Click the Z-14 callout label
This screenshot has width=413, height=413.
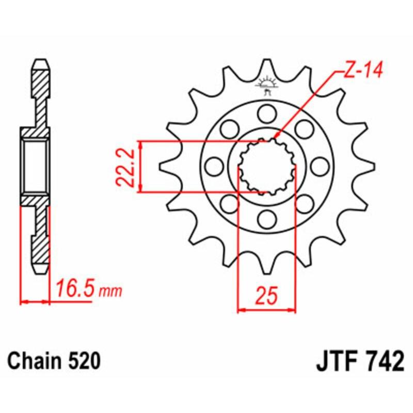coord(362,71)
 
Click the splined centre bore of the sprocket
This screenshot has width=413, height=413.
coord(267,166)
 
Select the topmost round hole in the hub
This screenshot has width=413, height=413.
coord(267,112)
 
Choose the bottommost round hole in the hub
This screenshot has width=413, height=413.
coord(267,220)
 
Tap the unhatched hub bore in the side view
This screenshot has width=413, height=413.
coord(36,166)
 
